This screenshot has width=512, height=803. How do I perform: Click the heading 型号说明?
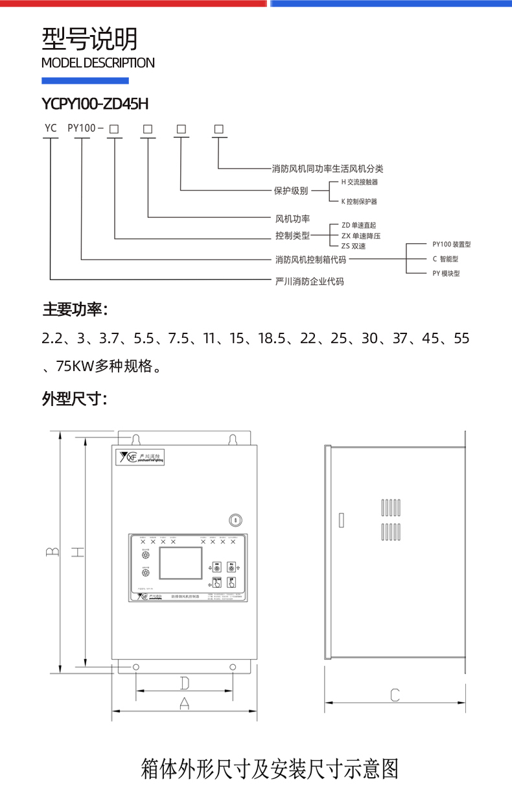(89, 40)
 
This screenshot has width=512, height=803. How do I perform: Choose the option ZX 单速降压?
(360, 235)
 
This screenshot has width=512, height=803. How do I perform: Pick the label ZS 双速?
(353, 246)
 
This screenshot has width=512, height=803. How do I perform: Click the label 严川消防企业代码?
(309, 282)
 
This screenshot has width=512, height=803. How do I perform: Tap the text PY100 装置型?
(451, 245)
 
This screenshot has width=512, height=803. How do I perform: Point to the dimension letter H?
(77, 552)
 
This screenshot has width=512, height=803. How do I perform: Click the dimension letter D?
(184, 682)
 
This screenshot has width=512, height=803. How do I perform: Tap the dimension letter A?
(184, 703)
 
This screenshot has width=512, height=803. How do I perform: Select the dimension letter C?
(395, 695)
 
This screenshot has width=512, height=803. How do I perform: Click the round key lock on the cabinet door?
(236, 520)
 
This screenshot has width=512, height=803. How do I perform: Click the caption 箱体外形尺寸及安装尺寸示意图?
(269, 769)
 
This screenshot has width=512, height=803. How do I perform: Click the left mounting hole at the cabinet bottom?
(136, 667)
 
